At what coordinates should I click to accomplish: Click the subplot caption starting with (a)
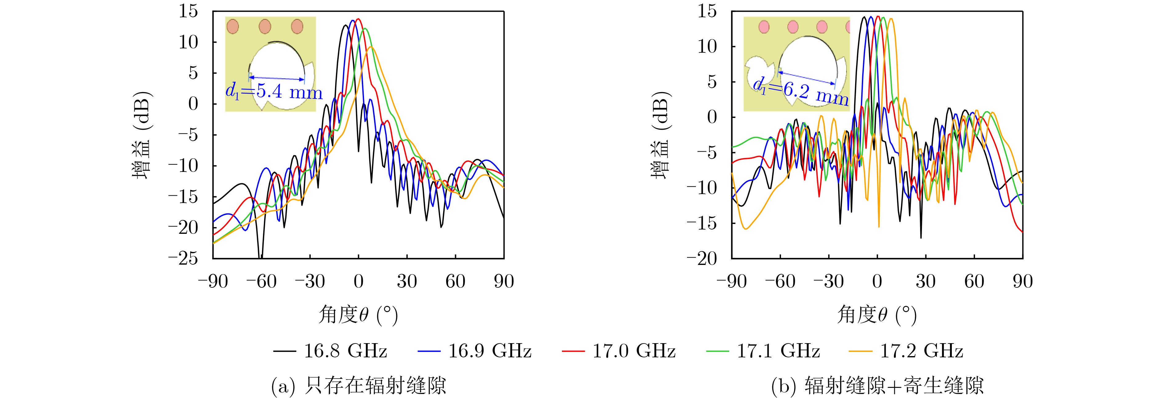(x=358, y=386)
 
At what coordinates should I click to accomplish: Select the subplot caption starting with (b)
(x=877, y=386)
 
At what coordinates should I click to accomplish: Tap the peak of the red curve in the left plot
(x=358, y=19)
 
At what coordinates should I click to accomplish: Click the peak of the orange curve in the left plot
(x=370, y=47)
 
